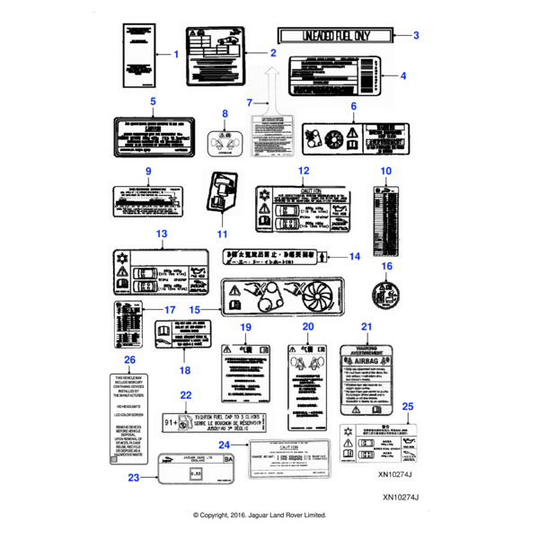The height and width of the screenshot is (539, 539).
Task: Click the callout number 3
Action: point(417,35)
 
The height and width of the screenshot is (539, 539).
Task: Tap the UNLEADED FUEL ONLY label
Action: point(335,35)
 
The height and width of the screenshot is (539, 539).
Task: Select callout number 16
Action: point(387,266)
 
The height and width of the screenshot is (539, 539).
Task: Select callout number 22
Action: point(186,395)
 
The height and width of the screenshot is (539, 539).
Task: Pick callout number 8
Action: point(225,114)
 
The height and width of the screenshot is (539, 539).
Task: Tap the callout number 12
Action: point(304,171)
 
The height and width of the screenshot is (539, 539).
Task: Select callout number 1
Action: point(177,54)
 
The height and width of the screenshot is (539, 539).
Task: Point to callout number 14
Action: point(355,256)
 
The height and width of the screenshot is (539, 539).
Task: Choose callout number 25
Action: point(408,407)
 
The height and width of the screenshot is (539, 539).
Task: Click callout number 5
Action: point(153,102)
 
